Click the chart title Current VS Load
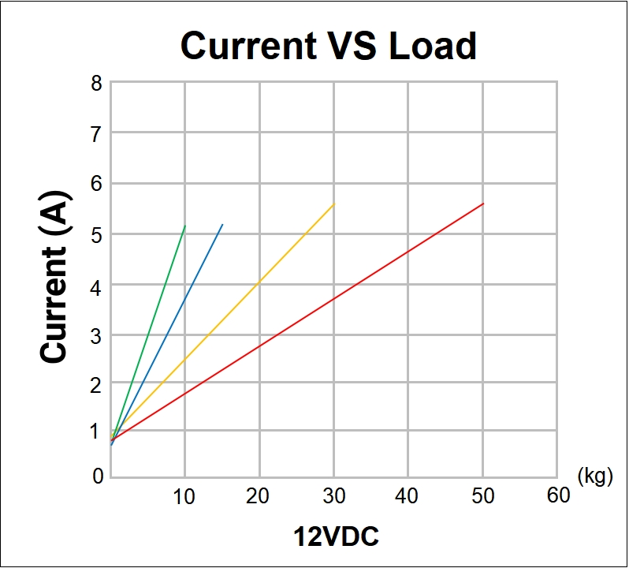(x=329, y=46)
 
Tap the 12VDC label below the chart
(x=337, y=537)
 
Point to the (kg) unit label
(x=595, y=476)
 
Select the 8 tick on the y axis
(x=96, y=83)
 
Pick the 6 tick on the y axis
(x=96, y=183)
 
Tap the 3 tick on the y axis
(x=96, y=334)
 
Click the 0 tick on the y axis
(x=96, y=476)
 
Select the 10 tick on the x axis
(x=184, y=496)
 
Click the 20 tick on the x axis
(x=258, y=496)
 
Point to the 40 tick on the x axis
(x=408, y=496)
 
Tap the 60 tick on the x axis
(x=557, y=496)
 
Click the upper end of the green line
(x=185, y=226)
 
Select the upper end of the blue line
(x=223, y=224)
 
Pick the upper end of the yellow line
(x=334, y=204)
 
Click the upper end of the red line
(x=483, y=204)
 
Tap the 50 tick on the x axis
(x=482, y=496)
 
